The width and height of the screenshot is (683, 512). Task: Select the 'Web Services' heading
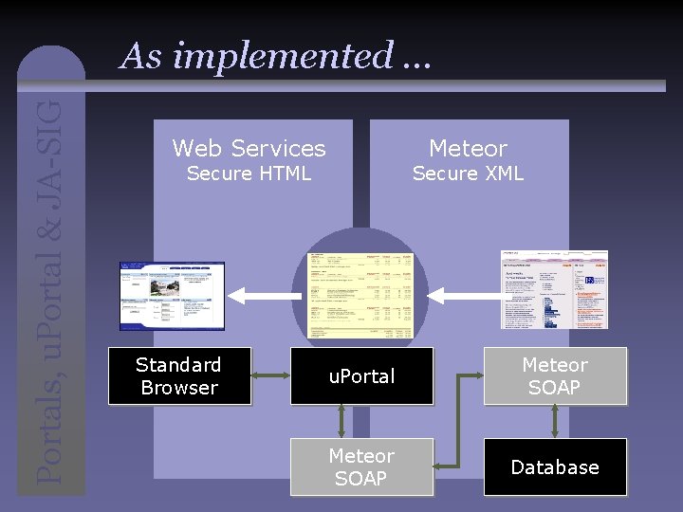click(x=249, y=148)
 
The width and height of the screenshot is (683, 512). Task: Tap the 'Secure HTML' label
click(x=249, y=174)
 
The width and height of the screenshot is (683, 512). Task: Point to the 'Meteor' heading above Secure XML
click(x=468, y=148)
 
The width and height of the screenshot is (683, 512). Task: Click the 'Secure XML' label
click(x=468, y=174)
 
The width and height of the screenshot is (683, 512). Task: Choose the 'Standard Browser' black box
click(x=178, y=376)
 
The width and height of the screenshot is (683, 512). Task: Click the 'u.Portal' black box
click(x=361, y=376)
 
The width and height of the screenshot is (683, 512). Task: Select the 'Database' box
click(x=555, y=467)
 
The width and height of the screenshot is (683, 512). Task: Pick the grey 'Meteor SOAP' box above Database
click(x=555, y=376)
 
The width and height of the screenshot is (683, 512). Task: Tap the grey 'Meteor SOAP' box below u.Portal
click(x=361, y=467)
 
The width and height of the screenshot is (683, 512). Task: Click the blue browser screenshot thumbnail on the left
click(x=172, y=296)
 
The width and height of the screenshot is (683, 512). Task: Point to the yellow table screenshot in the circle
click(x=361, y=296)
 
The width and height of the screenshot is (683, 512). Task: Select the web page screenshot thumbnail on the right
click(x=554, y=290)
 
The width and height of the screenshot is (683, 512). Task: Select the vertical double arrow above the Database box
click(x=556, y=422)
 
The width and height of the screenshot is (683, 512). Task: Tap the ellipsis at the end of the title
click(x=415, y=57)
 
